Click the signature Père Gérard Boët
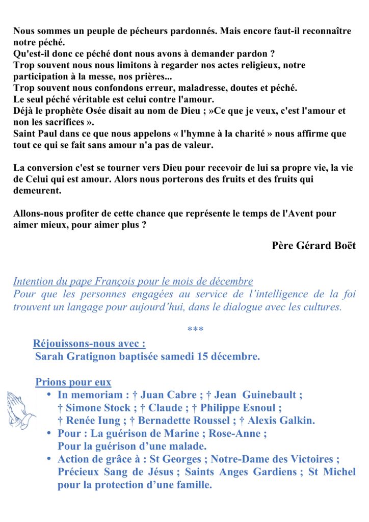pos(313,245)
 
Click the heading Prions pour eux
pos(73,382)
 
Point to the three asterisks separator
pos(195,330)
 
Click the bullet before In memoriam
pos(49,395)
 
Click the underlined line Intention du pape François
pos(133,281)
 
